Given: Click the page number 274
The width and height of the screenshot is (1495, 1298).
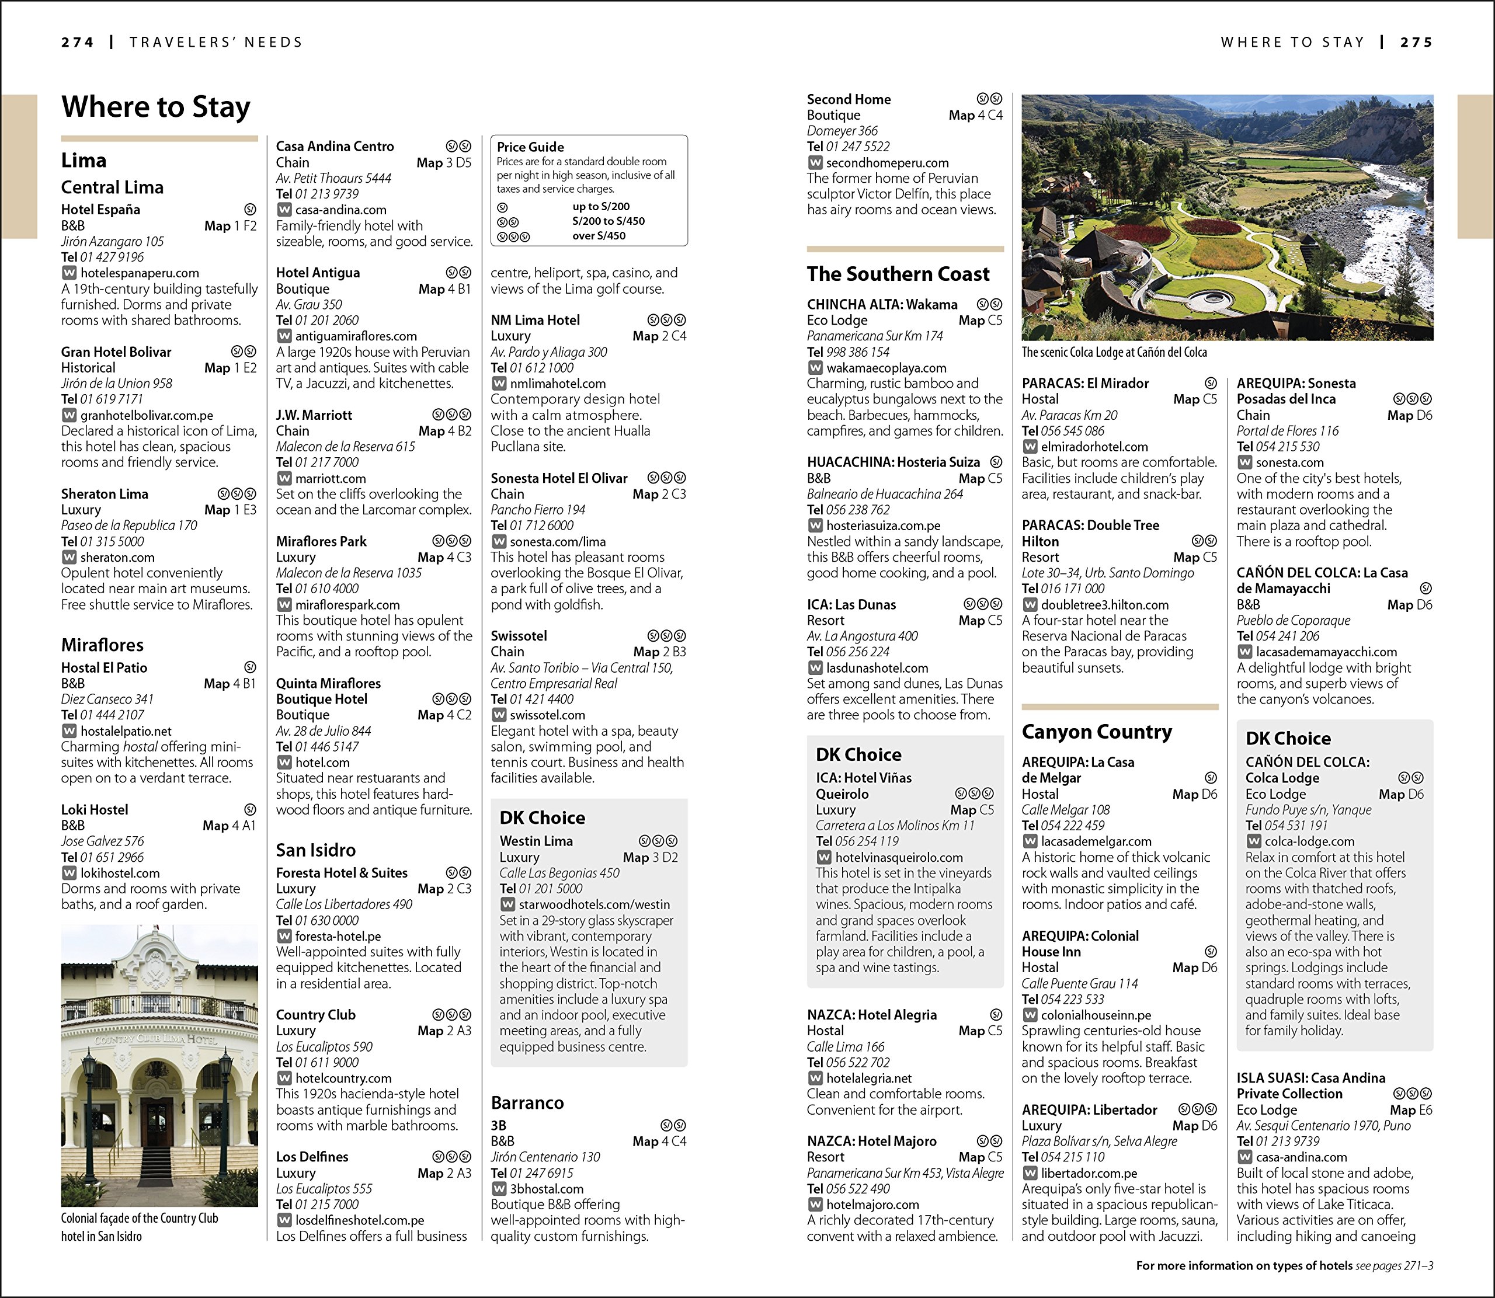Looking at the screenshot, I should click(x=78, y=43).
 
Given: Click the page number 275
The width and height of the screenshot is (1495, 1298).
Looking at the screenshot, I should click(x=1416, y=43).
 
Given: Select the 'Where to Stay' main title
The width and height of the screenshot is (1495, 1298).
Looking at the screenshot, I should click(x=156, y=107).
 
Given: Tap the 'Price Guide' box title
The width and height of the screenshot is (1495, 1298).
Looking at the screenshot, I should click(x=530, y=147).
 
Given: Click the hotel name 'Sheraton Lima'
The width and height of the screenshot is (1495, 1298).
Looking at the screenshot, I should click(x=105, y=494).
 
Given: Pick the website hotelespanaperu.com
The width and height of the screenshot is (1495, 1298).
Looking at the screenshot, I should click(x=139, y=273).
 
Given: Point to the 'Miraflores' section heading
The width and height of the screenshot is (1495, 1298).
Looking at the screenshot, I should click(x=102, y=645).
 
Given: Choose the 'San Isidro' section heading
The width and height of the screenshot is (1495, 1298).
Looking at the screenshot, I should click(x=316, y=850).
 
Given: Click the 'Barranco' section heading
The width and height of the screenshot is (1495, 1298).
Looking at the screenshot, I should click(x=527, y=1102).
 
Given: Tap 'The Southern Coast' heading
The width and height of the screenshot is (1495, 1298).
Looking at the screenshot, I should click(x=898, y=274).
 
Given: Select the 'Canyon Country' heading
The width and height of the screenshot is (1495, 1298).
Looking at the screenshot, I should click(x=1097, y=732).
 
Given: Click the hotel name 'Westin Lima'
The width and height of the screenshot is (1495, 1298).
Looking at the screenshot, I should click(x=536, y=841).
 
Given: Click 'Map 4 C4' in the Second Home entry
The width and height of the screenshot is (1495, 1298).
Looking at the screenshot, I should click(x=976, y=115).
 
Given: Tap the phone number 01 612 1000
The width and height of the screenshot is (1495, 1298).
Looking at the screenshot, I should click(x=541, y=368).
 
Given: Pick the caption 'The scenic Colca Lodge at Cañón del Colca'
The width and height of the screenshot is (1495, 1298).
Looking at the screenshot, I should click(x=1114, y=353).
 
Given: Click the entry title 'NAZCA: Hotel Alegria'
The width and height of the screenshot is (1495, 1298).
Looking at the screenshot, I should click(x=871, y=1015).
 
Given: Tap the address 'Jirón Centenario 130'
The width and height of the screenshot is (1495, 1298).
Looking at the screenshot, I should click(x=545, y=1157).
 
